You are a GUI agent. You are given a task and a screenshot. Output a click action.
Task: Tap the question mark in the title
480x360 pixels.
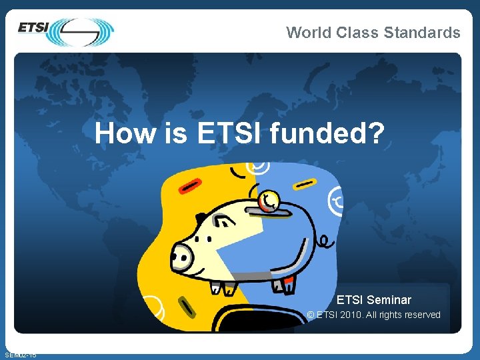pyautogui.click(x=377, y=133)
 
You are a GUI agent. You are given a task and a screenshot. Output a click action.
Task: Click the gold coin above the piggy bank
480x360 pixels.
pyautogui.click(x=270, y=201)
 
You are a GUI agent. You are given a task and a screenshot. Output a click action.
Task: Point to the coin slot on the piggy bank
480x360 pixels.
pyautogui.click(x=269, y=213)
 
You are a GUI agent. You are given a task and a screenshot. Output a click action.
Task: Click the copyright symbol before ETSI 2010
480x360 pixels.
pyautogui.click(x=311, y=315)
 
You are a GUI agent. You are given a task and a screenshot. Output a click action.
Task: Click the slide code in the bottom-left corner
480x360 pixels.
pyautogui.click(x=20, y=355)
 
